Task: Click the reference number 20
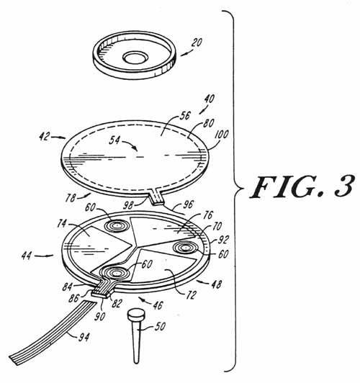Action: point(197,42)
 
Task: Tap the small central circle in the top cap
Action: point(135,58)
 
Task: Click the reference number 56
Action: point(185,115)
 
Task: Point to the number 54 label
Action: point(114,140)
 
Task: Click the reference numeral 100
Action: point(221,135)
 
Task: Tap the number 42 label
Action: point(45,136)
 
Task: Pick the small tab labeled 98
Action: point(157,197)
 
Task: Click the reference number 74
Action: point(62,223)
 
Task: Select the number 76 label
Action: point(208,215)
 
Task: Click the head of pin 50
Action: point(136,314)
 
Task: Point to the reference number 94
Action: point(84,337)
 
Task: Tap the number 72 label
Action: point(192,295)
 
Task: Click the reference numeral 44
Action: point(27,256)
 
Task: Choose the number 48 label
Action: point(216,284)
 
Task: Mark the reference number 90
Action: point(99,316)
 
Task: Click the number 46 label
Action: point(158,305)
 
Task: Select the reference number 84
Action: point(67,287)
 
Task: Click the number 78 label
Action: point(71,197)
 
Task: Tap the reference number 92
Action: point(223,240)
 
